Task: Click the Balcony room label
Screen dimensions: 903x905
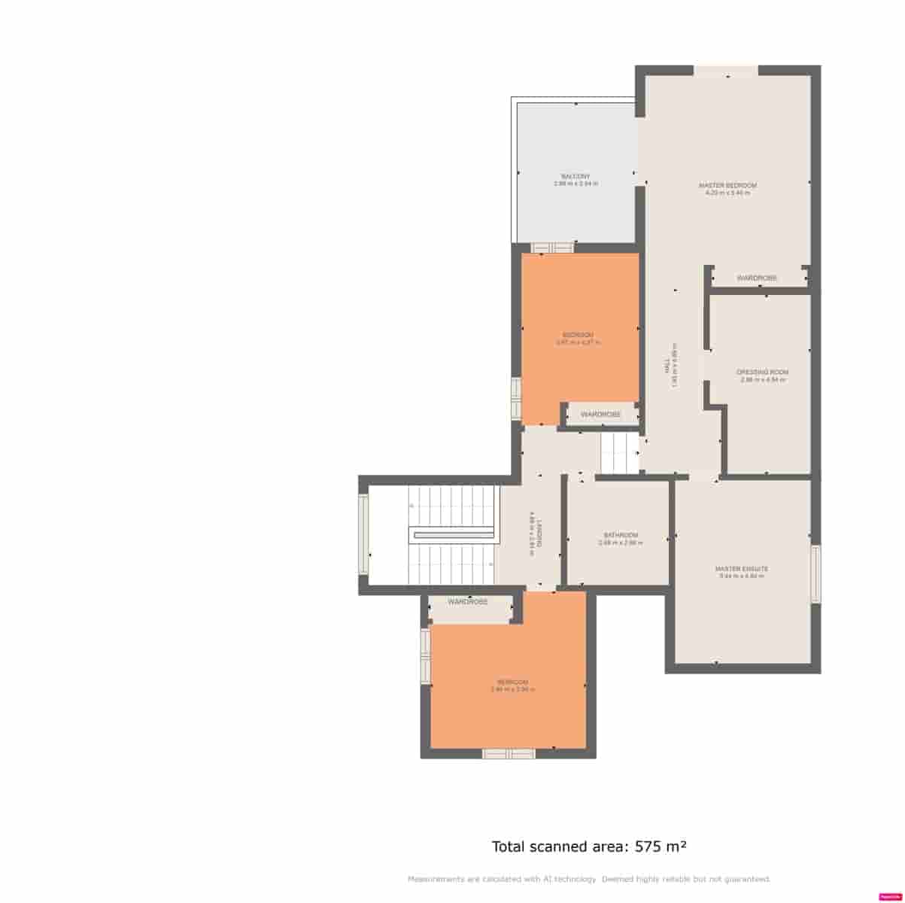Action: pos(575,176)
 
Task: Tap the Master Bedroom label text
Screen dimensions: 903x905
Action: pos(727,185)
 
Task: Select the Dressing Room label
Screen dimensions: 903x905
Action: pos(763,372)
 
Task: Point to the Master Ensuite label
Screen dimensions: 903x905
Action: pos(742,569)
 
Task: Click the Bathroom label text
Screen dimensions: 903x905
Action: pos(621,535)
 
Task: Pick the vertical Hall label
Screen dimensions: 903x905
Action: pos(667,369)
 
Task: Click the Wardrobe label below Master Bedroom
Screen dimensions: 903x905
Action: pos(757,278)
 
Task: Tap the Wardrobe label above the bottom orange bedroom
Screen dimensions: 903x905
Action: pos(468,602)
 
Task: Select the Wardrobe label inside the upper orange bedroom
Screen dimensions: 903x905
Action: pos(601,415)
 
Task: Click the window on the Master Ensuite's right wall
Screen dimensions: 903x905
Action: pos(815,573)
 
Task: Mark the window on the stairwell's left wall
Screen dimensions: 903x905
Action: pos(363,534)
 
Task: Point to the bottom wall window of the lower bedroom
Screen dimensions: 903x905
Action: pos(509,753)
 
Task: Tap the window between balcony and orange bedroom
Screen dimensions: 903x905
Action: pos(552,248)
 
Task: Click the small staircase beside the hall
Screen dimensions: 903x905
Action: pos(619,453)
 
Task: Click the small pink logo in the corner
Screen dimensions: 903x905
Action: pos(888,896)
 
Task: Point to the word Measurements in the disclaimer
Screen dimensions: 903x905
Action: pos(436,879)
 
